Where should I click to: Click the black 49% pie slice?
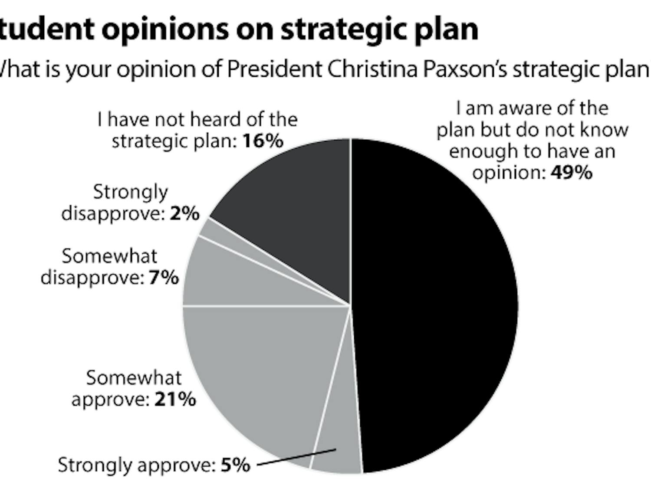[434, 304]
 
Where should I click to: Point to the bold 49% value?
[571, 173]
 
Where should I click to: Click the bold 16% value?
[263, 141]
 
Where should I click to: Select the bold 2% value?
[184, 213]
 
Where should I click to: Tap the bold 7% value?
[164, 278]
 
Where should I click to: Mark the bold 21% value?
[175, 400]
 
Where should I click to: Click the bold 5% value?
[236, 465]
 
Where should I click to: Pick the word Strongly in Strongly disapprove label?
[130, 192]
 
